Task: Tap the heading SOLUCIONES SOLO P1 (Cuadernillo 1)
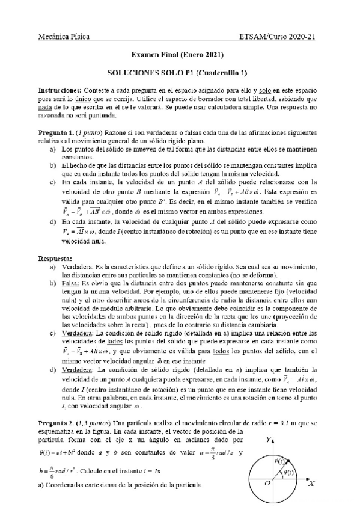tap(180, 70)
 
